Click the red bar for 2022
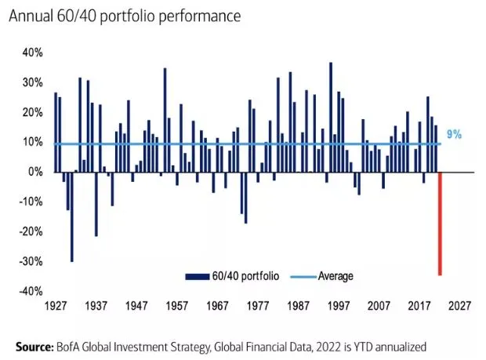(x=440, y=224)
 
